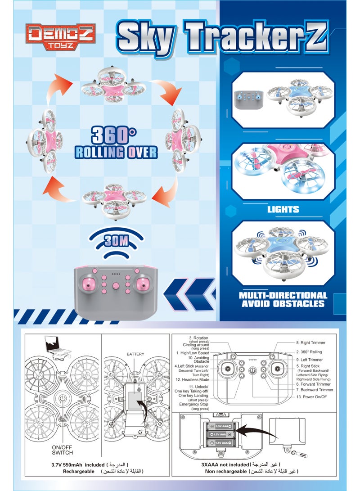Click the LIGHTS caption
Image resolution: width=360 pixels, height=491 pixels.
point(283,209)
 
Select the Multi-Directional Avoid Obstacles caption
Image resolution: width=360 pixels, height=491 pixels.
point(283,299)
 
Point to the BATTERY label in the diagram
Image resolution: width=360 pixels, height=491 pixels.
point(135,354)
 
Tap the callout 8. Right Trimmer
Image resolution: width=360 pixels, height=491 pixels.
point(310,342)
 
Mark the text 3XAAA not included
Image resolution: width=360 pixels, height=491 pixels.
point(223,464)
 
